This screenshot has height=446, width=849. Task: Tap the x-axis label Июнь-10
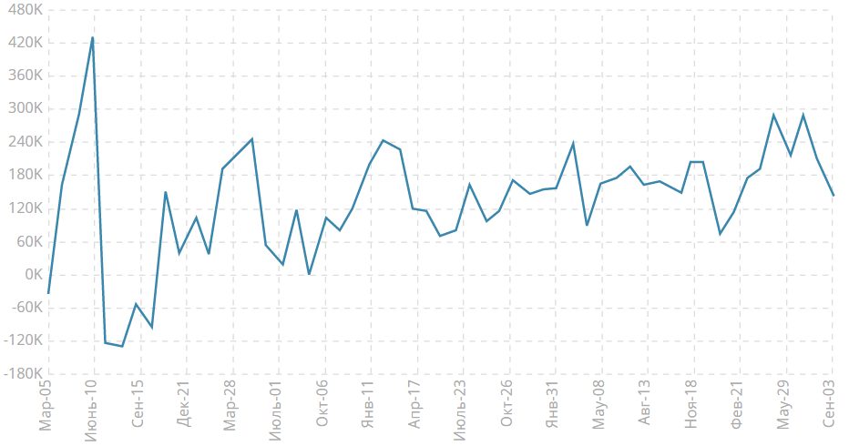point(91,411)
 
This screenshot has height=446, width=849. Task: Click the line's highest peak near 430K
point(93,37)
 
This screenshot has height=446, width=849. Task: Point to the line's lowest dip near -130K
point(122,346)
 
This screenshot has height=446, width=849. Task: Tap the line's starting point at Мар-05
point(48,293)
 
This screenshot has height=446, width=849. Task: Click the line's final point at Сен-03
point(834,196)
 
